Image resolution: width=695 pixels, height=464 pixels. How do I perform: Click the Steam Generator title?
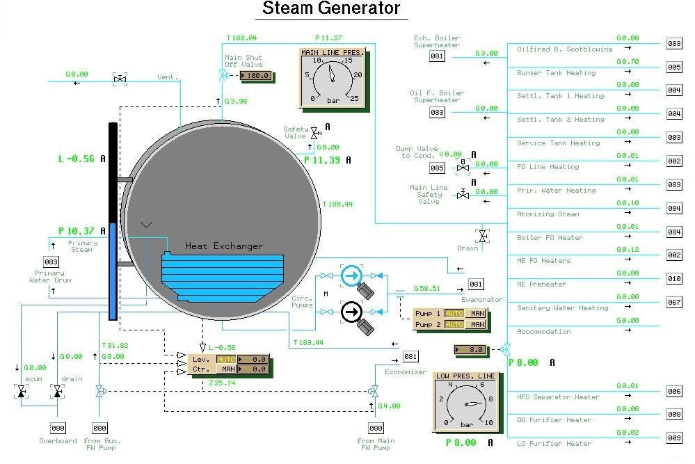(x=331, y=9)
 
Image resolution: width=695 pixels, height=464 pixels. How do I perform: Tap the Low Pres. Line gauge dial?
(x=463, y=404)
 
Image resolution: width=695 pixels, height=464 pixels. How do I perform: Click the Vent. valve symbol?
(x=120, y=80)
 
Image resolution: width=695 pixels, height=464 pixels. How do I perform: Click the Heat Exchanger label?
(x=224, y=246)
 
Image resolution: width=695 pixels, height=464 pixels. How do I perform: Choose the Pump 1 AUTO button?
(x=454, y=314)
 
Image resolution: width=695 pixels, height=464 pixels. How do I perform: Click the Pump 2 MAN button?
(x=477, y=324)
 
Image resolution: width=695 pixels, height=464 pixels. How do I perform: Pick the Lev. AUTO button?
(x=226, y=359)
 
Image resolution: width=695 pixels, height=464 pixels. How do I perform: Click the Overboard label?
(x=58, y=441)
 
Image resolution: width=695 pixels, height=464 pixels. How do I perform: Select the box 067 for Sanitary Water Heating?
(x=674, y=303)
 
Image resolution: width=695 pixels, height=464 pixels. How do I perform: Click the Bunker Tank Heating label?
(x=556, y=73)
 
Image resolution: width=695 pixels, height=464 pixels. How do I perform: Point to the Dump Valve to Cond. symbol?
(x=463, y=168)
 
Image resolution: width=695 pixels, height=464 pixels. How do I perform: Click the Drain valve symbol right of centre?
(x=481, y=236)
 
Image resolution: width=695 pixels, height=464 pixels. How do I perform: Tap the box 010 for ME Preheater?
(x=674, y=279)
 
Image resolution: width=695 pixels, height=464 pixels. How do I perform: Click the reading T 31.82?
(x=115, y=346)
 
